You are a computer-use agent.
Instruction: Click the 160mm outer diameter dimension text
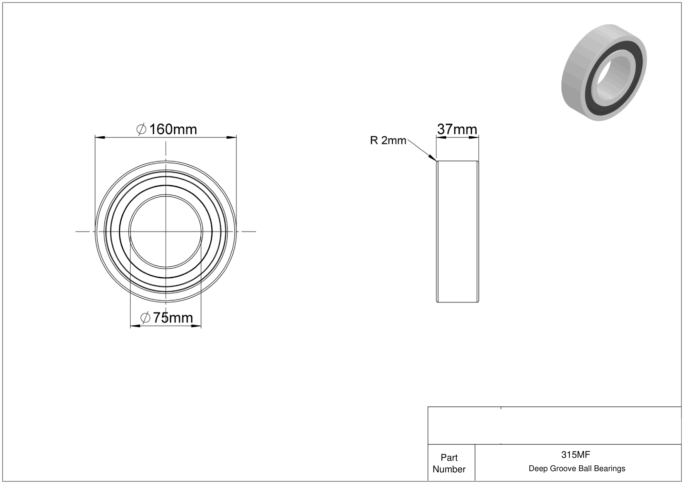(173, 130)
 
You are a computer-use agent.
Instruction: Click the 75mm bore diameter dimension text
(173, 318)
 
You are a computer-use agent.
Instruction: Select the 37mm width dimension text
(457, 130)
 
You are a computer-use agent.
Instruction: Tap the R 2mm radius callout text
(388, 140)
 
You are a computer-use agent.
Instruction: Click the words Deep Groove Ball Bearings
(577, 469)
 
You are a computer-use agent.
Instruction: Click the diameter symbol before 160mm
(141, 130)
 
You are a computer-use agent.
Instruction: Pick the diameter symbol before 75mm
(145, 318)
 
